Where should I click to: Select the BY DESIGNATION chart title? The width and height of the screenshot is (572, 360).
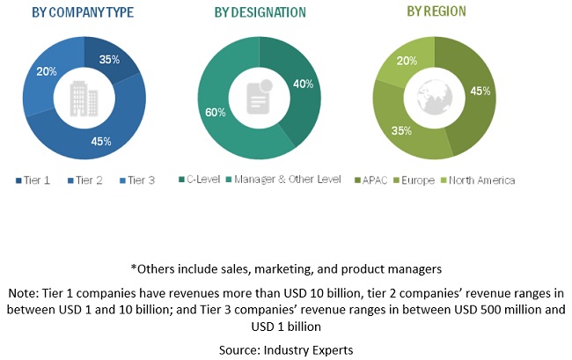(x=260, y=12)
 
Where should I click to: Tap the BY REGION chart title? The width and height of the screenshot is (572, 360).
(x=436, y=11)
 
